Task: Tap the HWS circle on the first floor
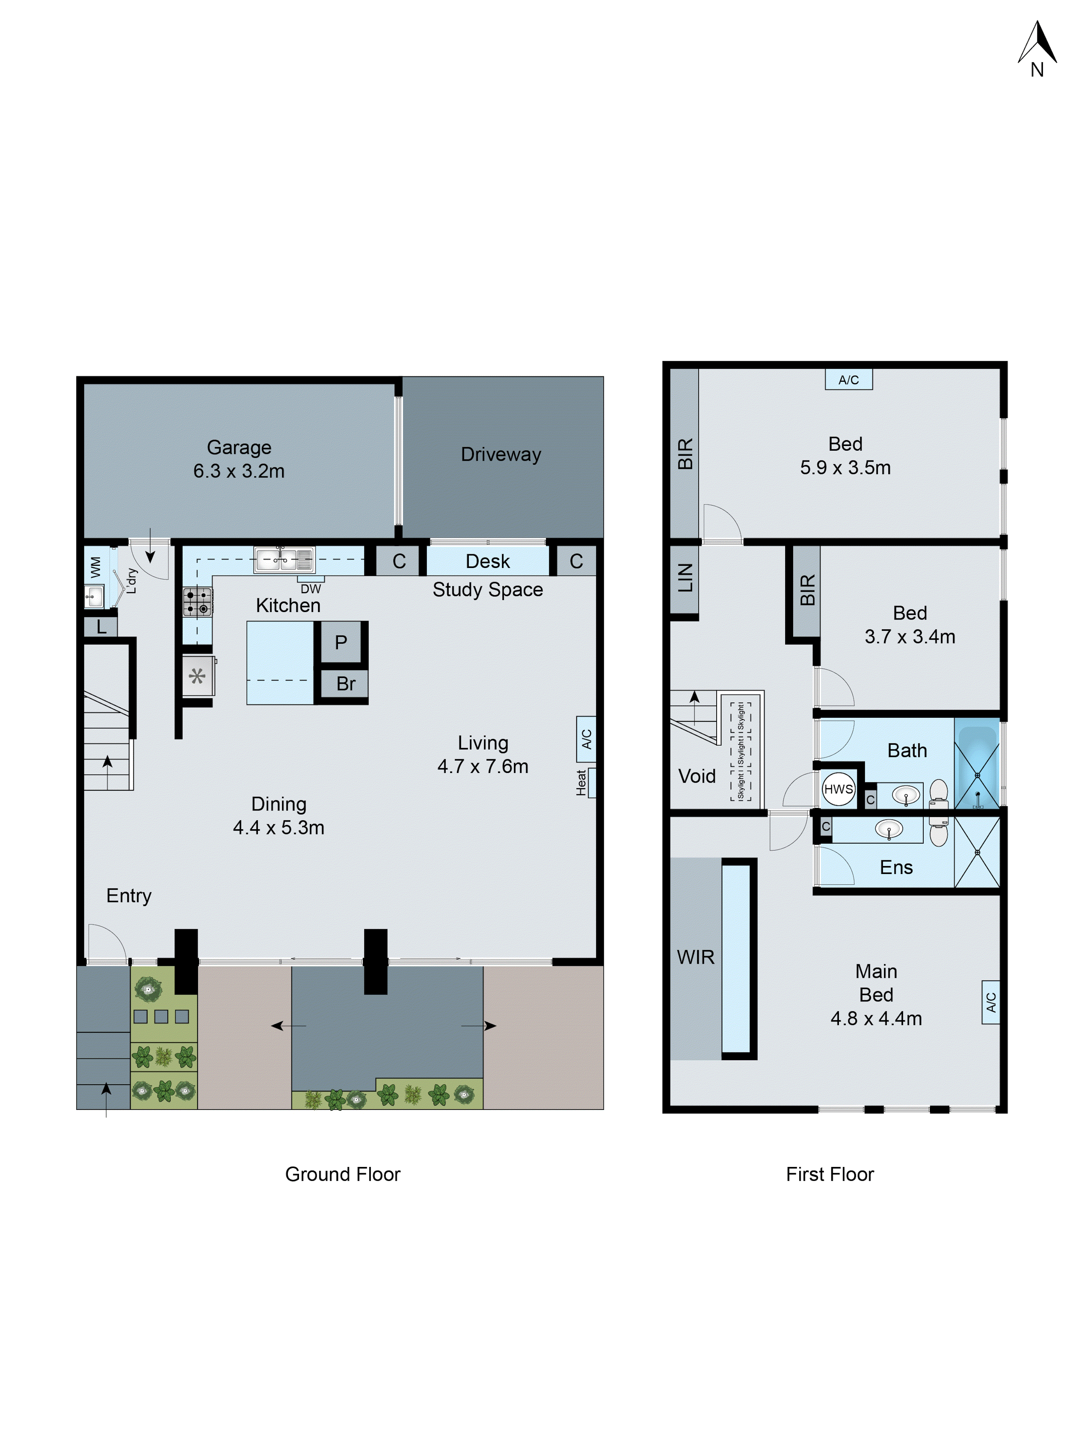pyautogui.click(x=838, y=789)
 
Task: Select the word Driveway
pyautogui.click(x=501, y=454)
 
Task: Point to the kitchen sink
pyautogui.click(x=284, y=559)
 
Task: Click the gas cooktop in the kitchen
pyautogui.click(x=197, y=602)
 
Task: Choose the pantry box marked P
pyautogui.click(x=340, y=642)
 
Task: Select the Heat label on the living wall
pyautogui.click(x=581, y=782)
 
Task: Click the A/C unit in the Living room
pyautogui.click(x=586, y=739)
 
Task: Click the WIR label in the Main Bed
pyautogui.click(x=695, y=957)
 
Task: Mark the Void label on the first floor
pyautogui.click(x=696, y=776)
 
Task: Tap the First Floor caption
pyautogui.click(x=830, y=1174)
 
